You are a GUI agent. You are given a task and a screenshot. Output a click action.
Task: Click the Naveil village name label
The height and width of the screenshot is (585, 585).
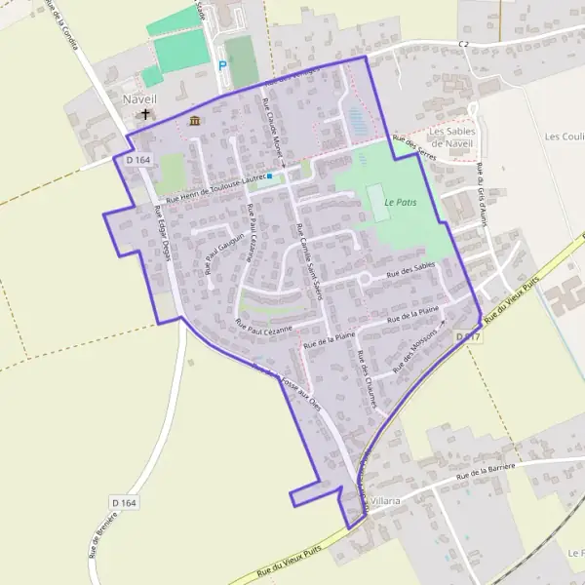click(140, 98)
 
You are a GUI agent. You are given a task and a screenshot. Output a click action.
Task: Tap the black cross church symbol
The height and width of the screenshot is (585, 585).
click(146, 114)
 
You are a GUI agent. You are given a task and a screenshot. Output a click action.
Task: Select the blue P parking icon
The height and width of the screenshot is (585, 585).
click(222, 65)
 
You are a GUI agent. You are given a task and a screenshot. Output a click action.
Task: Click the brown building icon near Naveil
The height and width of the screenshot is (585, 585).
click(195, 121)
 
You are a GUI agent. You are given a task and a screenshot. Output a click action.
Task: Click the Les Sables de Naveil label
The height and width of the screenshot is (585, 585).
click(450, 137)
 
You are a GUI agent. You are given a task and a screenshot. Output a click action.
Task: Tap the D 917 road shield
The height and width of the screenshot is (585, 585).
click(468, 336)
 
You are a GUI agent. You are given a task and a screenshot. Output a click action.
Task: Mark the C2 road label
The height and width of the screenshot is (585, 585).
click(464, 45)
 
